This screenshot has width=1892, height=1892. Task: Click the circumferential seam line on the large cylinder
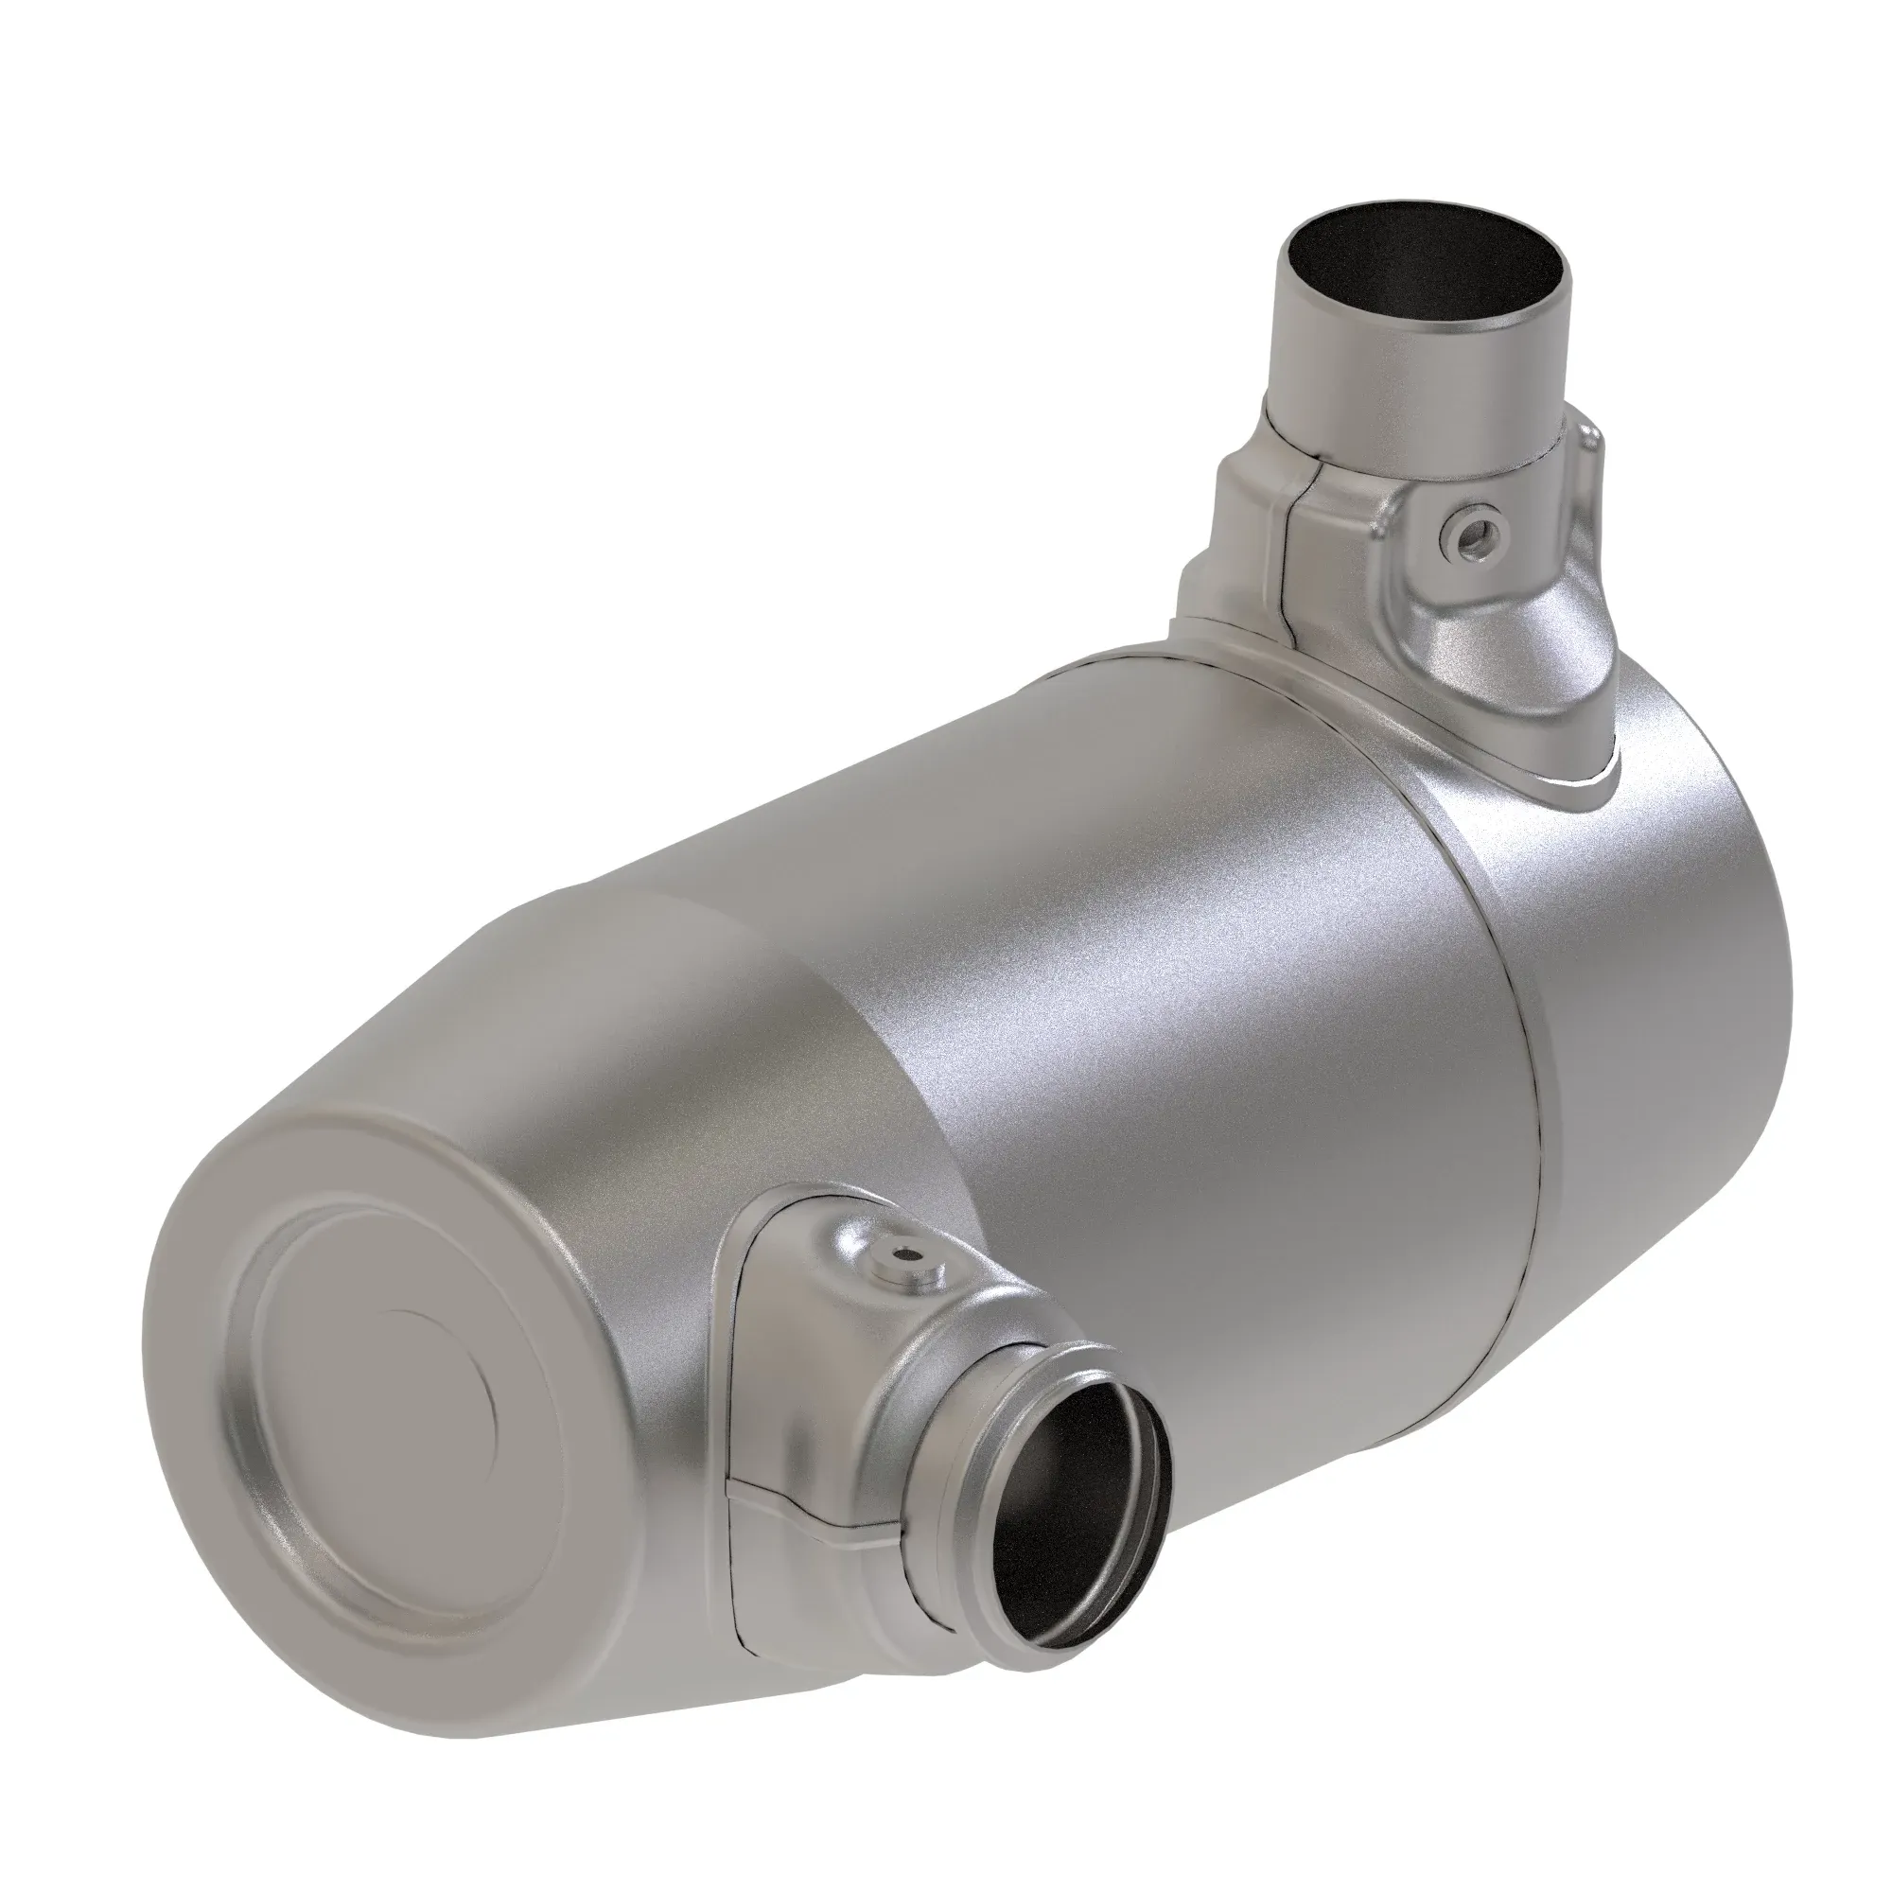[1513, 1058]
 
